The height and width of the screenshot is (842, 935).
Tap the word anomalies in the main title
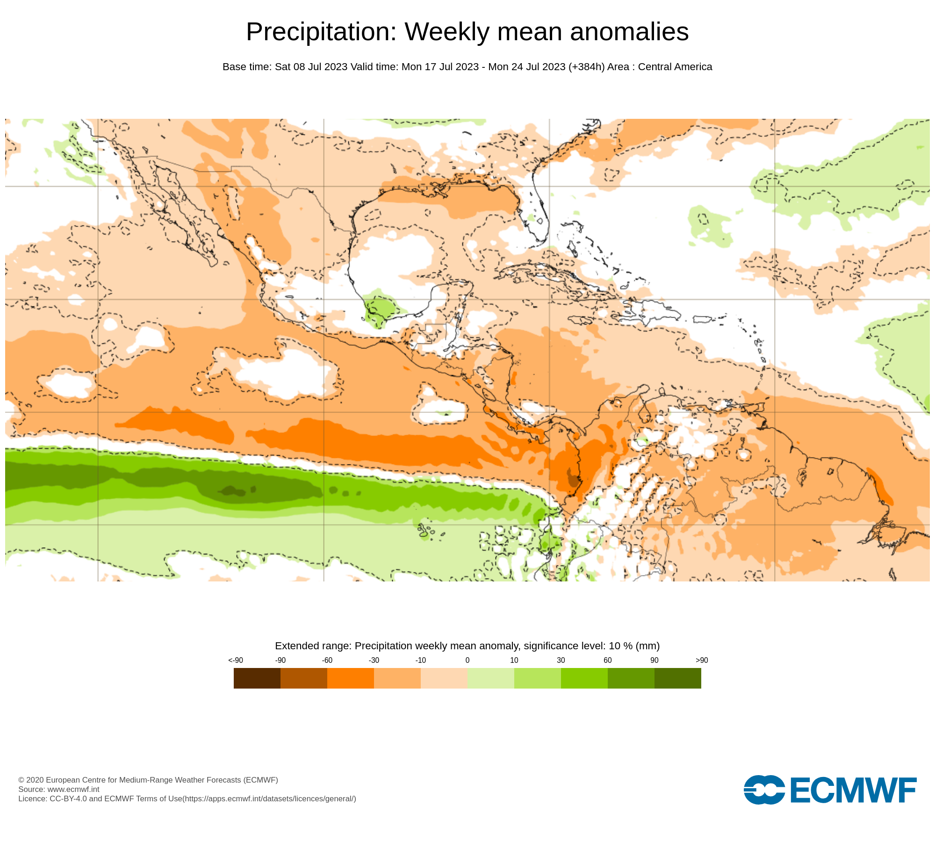click(629, 32)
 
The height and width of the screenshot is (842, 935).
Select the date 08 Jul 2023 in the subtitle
click(320, 67)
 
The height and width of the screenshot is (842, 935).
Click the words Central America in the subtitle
click(675, 67)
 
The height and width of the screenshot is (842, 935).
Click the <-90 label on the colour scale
click(236, 661)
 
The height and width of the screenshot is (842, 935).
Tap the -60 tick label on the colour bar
click(327, 661)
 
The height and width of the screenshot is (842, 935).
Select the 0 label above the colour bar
click(467, 661)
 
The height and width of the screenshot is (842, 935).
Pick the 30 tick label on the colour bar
click(561, 661)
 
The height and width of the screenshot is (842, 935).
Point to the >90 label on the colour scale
click(702, 661)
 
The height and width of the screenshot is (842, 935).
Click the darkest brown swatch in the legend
click(257, 678)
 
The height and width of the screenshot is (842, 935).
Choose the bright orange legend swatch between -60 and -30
click(351, 678)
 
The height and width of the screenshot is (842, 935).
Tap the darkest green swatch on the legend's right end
click(678, 678)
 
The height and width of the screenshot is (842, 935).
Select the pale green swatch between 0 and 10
click(491, 678)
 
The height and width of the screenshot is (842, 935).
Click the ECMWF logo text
click(853, 791)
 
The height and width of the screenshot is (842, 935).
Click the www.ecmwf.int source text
click(73, 789)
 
